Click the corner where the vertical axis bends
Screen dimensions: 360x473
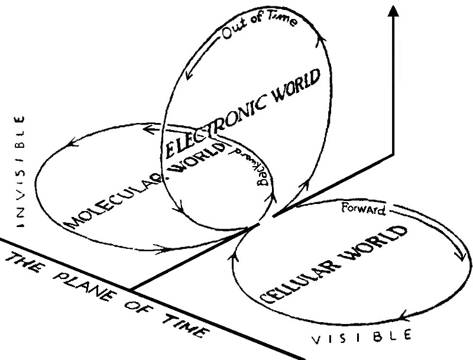pos(391,153)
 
